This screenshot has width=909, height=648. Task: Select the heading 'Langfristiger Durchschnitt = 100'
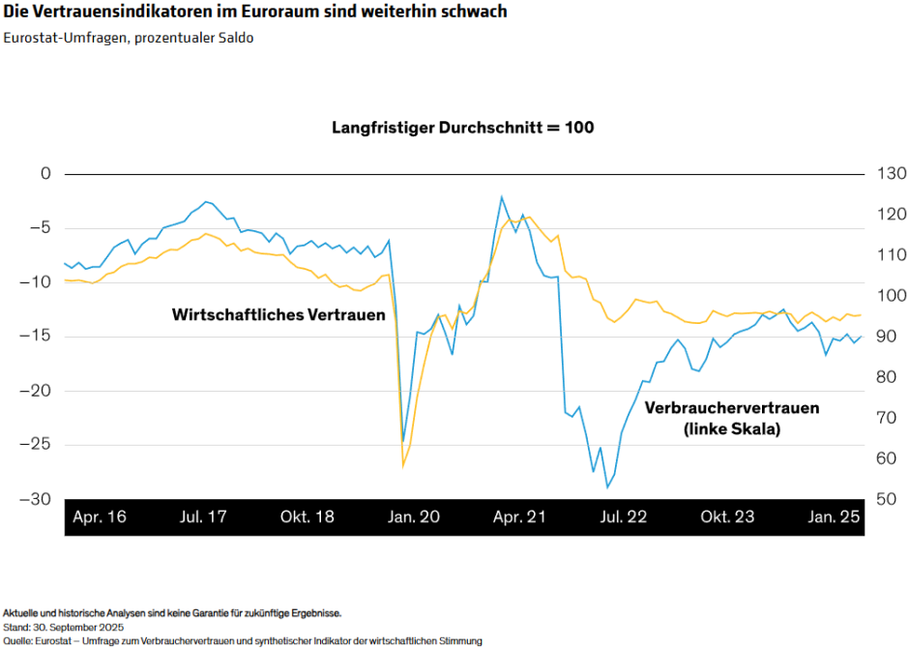click(x=462, y=128)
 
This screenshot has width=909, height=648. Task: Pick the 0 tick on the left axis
click(x=44, y=174)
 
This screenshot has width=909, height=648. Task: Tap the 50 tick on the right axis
click(x=888, y=499)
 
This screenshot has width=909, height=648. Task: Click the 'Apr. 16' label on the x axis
click(x=100, y=516)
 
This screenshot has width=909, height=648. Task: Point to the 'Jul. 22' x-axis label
click(x=623, y=516)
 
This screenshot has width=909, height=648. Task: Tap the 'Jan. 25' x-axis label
click(x=834, y=516)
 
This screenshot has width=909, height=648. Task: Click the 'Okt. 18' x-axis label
click(x=308, y=516)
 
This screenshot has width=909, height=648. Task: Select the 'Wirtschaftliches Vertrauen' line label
click(x=279, y=315)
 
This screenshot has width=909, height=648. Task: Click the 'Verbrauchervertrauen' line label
click(x=731, y=408)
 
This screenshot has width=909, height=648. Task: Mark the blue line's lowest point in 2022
click(x=607, y=486)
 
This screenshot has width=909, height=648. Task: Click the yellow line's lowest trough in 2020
click(x=403, y=467)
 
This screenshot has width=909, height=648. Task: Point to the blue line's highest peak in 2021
click(x=501, y=196)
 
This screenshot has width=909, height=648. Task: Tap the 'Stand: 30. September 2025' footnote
click(x=63, y=627)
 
